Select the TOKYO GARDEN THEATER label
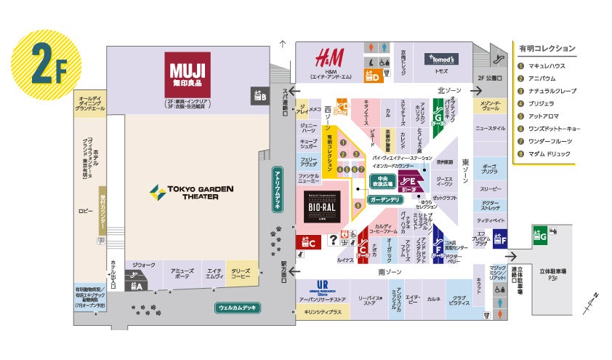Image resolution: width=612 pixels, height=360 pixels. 192,193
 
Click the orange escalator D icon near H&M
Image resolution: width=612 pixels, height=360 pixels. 373,73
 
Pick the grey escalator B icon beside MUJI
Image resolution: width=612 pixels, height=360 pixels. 259,94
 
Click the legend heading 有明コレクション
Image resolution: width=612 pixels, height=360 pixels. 547,48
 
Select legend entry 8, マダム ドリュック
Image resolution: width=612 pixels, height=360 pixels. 550,153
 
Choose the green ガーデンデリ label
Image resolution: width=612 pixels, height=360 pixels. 384,199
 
